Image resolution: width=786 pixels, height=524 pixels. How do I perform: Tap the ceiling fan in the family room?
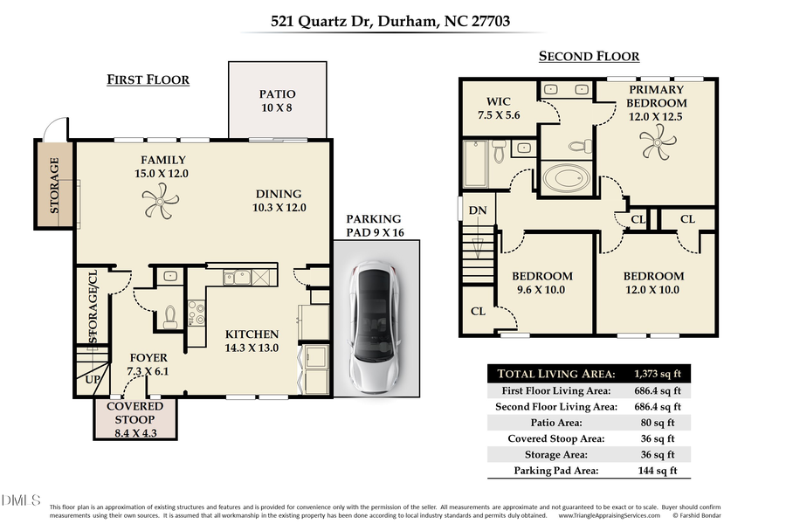(x=161, y=206)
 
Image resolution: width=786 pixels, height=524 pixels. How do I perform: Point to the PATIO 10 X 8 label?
(x=277, y=100)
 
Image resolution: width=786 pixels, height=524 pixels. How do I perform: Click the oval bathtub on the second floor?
(x=566, y=179)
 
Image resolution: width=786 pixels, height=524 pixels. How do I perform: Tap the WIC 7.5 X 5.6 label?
(x=499, y=108)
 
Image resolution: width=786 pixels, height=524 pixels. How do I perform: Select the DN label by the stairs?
(x=478, y=210)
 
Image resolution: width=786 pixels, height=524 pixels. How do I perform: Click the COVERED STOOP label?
(x=134, y=412)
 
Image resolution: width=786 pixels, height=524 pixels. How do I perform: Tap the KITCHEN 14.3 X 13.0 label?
(x=252, y=341)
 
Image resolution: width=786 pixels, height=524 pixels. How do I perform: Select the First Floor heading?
(x=148, y=79)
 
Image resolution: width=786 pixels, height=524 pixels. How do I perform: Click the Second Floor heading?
(x=589, y=57)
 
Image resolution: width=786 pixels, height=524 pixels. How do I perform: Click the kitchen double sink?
(x=237, y=278)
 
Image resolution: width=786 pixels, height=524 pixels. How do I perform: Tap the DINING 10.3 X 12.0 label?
(x=278, y=201)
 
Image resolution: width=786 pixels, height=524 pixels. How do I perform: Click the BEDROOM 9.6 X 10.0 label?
(x=541, y=283)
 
